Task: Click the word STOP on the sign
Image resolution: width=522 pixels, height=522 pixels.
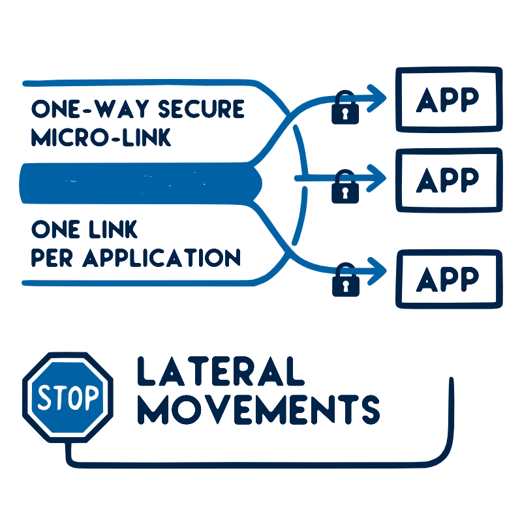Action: coord(68,397)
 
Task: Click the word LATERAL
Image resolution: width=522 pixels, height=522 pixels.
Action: coord(221,371)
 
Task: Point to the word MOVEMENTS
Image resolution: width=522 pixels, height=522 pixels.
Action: coord(258,410)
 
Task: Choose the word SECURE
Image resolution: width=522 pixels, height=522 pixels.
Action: coord(202,109)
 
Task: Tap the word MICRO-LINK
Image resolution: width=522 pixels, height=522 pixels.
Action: coord(101,137)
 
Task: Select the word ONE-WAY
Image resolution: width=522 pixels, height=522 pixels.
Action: coord(90,109)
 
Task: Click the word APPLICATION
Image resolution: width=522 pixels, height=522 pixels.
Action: coord(161,258)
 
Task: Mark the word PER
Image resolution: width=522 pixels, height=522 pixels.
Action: coord(52,258)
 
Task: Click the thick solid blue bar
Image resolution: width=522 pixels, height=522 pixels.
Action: coord(140,183)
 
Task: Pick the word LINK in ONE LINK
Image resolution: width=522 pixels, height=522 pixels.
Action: coord(113,229)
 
